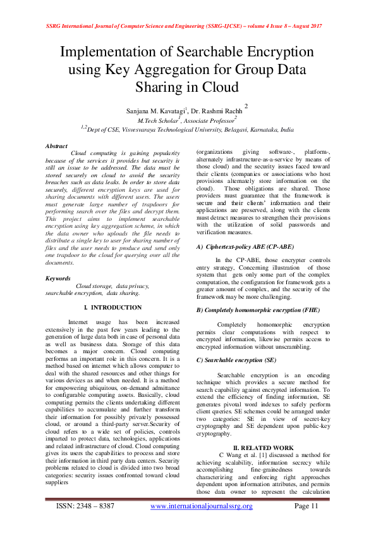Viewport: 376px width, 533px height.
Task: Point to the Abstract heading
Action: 57,146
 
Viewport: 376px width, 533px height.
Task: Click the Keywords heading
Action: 59,278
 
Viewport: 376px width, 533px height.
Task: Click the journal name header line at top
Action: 184,27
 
